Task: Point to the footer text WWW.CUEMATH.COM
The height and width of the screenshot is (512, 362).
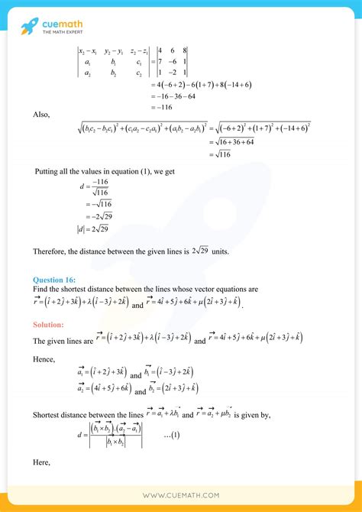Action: click(x=181, y=496)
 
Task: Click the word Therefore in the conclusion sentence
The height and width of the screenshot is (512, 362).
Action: click(x=50, y=251)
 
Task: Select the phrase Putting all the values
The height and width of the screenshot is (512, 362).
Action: click(x=69, y=172)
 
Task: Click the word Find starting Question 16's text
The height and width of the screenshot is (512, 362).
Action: click(x=40, y=290)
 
